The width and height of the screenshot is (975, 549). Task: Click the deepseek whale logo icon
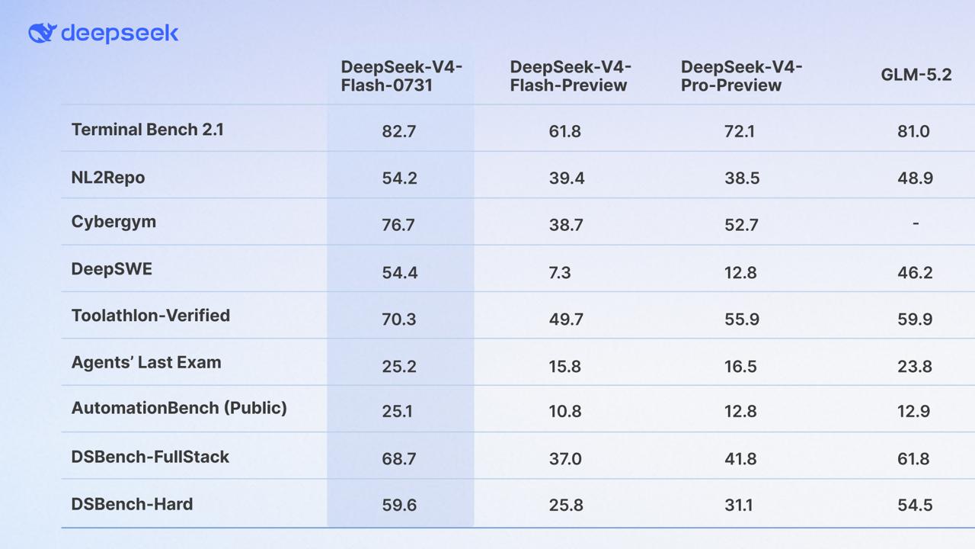[42, 33]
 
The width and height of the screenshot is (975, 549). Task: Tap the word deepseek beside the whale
[120, 34]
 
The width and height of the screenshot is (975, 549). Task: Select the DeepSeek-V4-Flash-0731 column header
[401, 76]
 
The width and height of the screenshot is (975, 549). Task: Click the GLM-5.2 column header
[916, 75]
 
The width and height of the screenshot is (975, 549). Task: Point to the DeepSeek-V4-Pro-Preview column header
[741, 76]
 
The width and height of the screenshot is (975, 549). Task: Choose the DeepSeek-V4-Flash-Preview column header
[571, 76]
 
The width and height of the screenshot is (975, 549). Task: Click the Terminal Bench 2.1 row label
[147, 130]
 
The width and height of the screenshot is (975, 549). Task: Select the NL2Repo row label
[108, 178]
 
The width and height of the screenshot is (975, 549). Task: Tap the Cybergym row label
[113, 222]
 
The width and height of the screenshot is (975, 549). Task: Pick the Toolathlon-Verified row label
[151, 316]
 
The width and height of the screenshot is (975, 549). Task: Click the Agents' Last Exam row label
[146, 362]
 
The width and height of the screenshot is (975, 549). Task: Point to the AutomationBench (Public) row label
[179, 408]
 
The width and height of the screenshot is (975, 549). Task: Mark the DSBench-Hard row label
[132, 504]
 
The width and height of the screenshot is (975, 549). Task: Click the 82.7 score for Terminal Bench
[398, 131]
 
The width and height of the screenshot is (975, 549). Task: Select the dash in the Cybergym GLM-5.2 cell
[916, 223]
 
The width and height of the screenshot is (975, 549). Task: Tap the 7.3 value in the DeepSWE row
[560, 273]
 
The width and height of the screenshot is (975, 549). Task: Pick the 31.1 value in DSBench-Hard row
[739, 505]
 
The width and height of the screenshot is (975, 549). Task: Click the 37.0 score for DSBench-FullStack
[565, 459]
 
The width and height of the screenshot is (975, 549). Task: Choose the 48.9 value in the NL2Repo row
[915, 178]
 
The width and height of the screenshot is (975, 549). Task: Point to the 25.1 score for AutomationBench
[397, 411]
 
